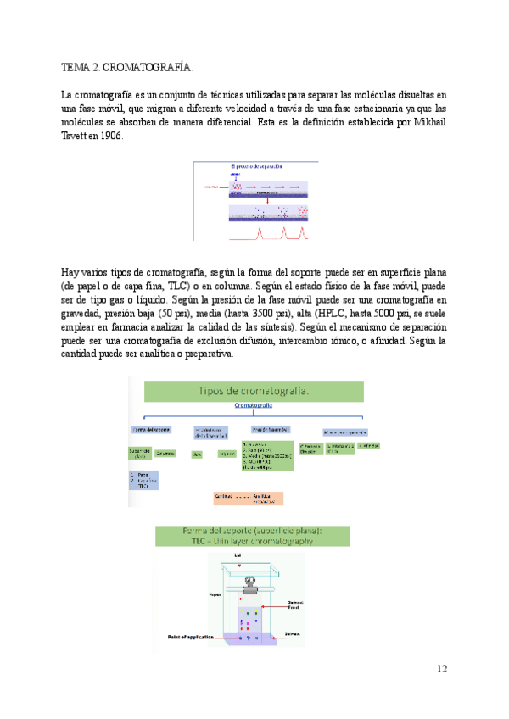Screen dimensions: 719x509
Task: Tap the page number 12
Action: pos(442,669)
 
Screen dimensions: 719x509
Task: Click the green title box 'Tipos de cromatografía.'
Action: pos(254,391)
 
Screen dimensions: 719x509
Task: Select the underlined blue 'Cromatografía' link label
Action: pos(254,406)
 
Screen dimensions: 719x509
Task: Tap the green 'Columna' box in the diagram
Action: pos(165,454)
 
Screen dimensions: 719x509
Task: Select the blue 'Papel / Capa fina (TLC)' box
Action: pos(144,480)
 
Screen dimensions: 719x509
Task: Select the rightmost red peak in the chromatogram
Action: pos(303,231)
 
